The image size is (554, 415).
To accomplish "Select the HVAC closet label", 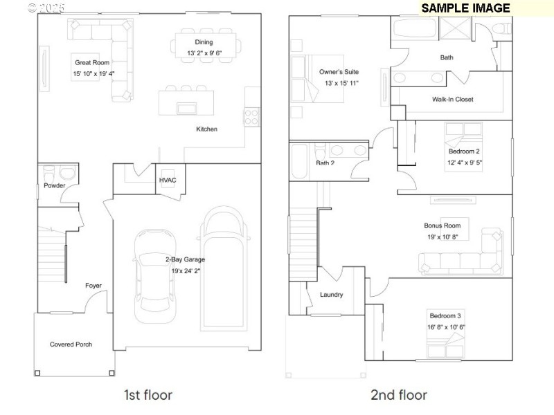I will click(x=168, y=181).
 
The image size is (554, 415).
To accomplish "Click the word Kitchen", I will click(x=206, y=129).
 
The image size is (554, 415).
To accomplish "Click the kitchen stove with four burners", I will click(x=251, y=117).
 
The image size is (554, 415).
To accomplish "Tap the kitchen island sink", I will click(x=186, y=108).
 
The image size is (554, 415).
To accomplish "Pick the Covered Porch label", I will click(x=71, y=344).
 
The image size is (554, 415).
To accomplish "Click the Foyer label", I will click(x=93, y=286).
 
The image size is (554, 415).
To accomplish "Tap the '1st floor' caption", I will click(x=148, y=396).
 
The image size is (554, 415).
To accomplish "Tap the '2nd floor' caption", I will click(x=399, y=396).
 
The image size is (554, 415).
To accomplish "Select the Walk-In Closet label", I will click(x=452, y=100).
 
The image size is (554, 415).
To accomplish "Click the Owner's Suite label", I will click(x=339, y=72).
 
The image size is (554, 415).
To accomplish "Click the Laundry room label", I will click(x=331, y=295).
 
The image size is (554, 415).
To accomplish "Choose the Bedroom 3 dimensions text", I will click(x=445, y=327).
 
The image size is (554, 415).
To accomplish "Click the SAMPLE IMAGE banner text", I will click(x=465, y=8).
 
